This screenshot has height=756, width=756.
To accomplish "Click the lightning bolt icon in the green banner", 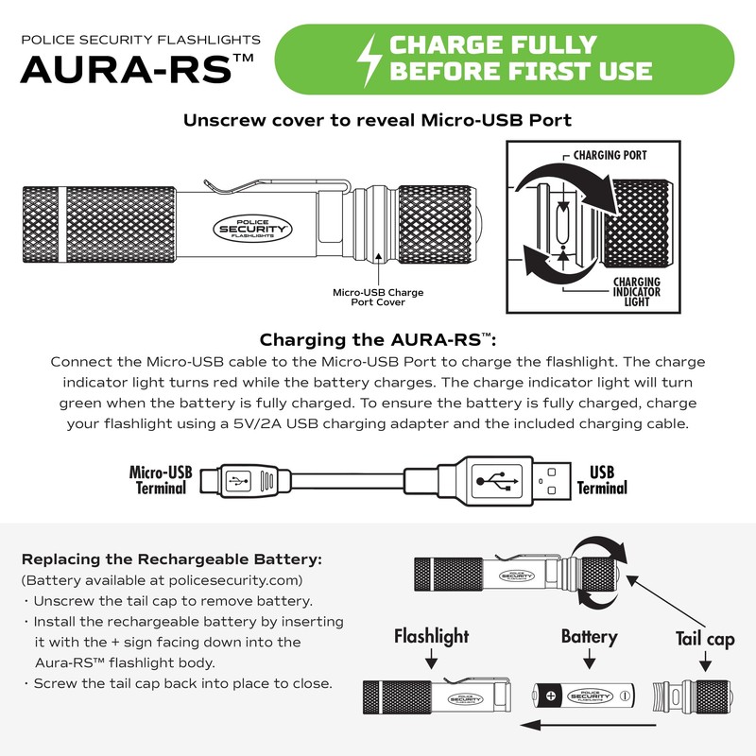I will coord(370,59).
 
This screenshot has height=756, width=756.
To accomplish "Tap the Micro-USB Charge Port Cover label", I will coord(378,298).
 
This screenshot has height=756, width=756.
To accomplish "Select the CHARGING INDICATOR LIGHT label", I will coord(636,293).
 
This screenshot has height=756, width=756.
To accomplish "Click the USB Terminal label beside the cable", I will coord(602,480).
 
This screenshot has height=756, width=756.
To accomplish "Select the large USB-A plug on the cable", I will coord(501,480).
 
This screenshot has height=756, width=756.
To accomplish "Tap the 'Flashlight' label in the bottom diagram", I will coord(431,637).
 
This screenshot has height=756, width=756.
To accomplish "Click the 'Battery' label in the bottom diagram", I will coord(588,637).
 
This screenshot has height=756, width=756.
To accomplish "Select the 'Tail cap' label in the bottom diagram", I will coord(704,640).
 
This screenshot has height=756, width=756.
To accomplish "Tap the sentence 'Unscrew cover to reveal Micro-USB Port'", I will coord(378,121).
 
